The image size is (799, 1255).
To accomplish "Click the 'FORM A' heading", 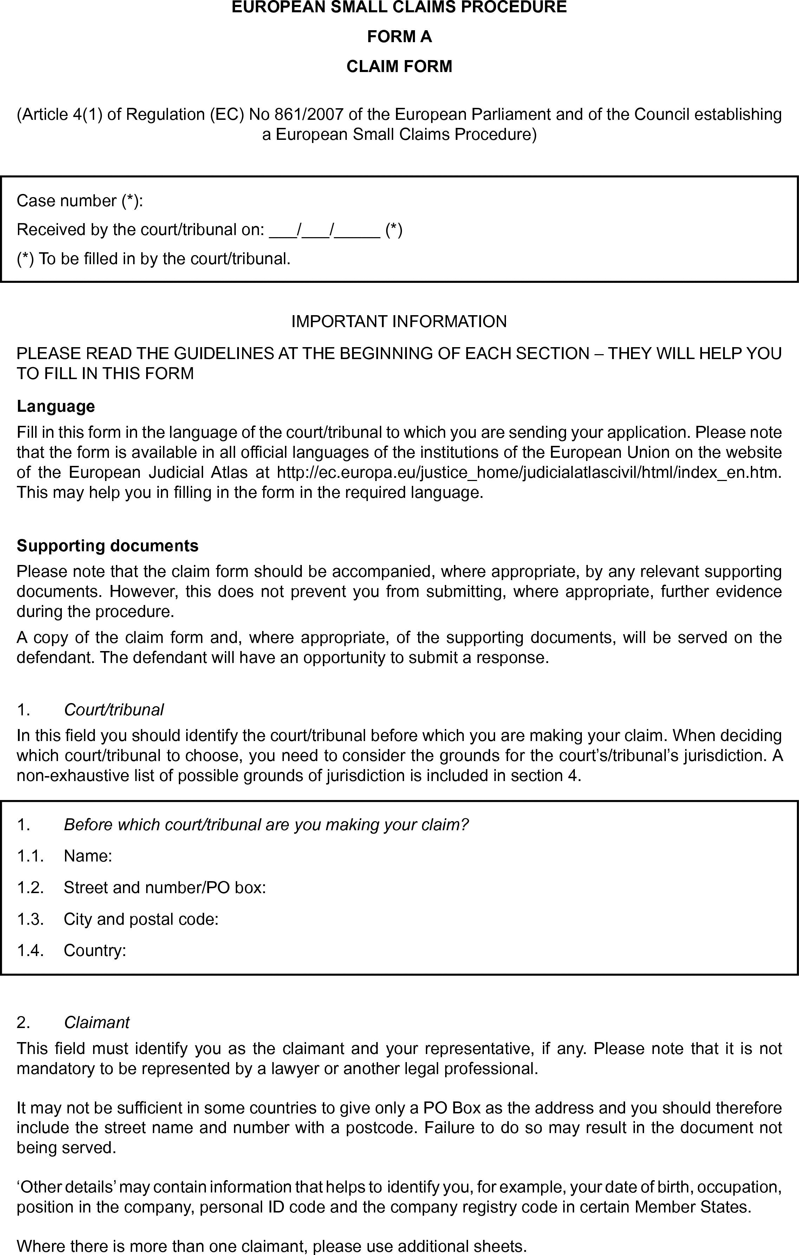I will pyautogui.click(x=399, y=37).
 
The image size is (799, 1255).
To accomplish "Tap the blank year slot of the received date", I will pyautogui.click(x=357, y=230).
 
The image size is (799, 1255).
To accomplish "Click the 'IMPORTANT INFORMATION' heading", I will pyautogui.click(x=399, y=321).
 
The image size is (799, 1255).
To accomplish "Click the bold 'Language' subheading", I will pyautogui.click(x=56, y=406).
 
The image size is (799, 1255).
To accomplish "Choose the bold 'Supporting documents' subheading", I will pyautogui.click(x=108, y=546).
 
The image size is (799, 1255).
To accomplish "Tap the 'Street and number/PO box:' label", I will pyautogui.click(x=165, y=887).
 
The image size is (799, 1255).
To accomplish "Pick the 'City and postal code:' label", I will pyautogui.click(x=141, y=919).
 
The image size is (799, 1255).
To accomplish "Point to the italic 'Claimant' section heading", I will pyautogui.click(x=96, y=1022).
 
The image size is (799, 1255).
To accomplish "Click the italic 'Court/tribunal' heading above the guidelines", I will pyautogui.click(x=113, y=709).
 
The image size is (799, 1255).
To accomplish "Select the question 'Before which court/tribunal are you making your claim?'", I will pyautogui.click(x=266, y=825).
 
